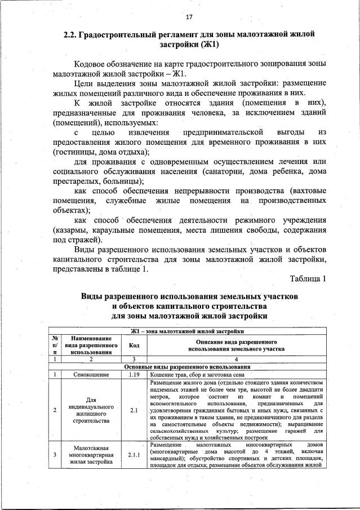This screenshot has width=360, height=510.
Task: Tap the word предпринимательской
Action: coord(224,132)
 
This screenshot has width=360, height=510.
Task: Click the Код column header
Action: coord(134,345)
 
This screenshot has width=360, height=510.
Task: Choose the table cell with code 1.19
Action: coord(134,374)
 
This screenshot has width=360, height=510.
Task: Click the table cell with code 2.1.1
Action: coord(134,454)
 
